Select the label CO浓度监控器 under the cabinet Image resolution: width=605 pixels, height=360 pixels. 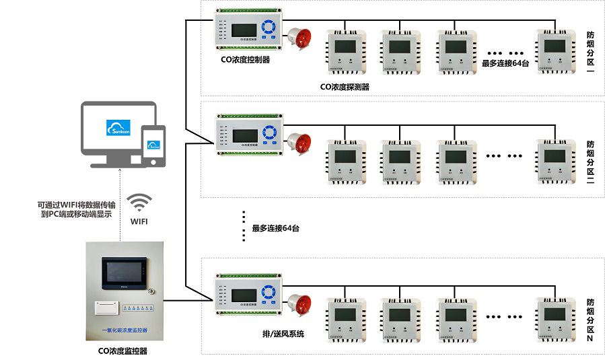123,351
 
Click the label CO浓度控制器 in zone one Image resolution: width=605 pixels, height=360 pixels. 246,59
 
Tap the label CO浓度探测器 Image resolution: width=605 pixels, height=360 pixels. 345,86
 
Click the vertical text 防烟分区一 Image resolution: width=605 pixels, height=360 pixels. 590,57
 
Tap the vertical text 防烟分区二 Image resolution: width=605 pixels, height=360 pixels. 590,162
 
